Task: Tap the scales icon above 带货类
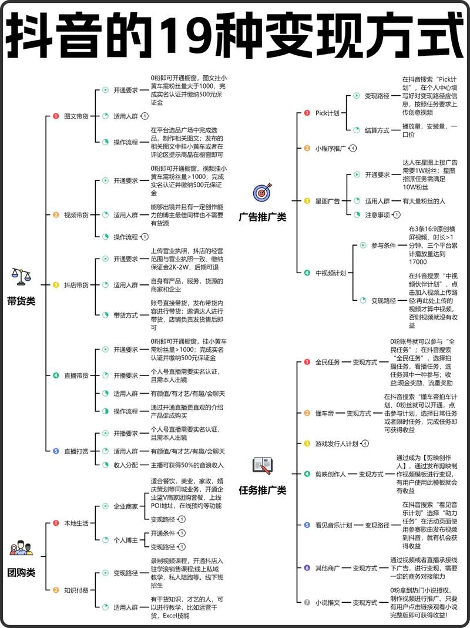[x=21, y=276]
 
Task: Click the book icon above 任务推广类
[x=263, y=465]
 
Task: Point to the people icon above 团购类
[x=21, y=548]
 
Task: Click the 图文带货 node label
[x=76, y=116]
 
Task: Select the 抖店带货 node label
[x=76, y=285]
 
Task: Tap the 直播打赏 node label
[x=76, y=451]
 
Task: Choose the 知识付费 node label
[x=76, y=590]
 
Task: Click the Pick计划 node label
[x=327, y=113]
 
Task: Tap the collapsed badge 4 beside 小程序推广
[x=352, y=148]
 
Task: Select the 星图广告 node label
[x=327, y=201]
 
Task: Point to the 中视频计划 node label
[x=331, y=273]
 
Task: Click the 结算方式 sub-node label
[x=377, y=130]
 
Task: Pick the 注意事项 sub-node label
[x=377, y=214]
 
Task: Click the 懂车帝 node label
[x=324, y=413]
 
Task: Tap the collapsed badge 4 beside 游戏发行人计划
[x=365, y=444]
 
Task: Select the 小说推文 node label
[x=327, y=602]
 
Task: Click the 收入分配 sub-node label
[x=126, y=465]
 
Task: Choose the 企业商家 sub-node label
[x=126, y=506]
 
